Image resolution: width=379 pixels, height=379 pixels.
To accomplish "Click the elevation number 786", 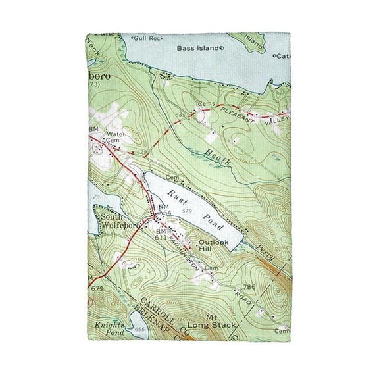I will (x=267, y=287).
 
